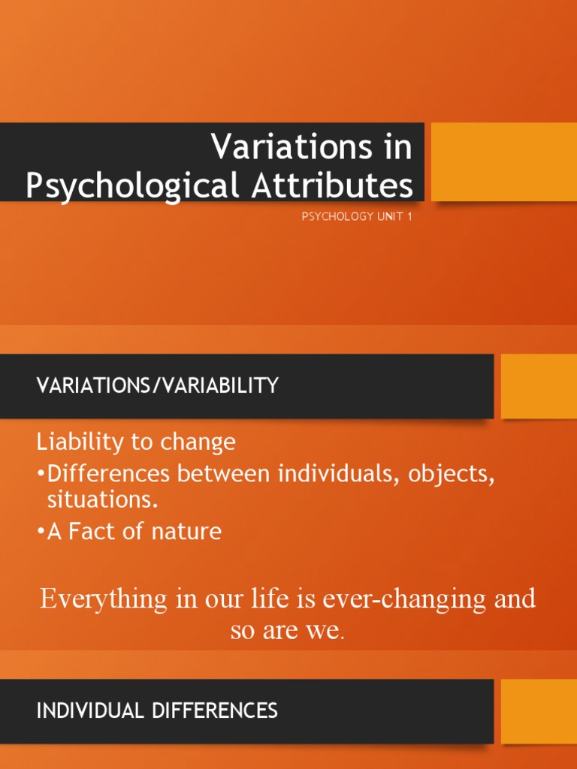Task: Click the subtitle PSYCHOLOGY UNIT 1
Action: coord(357,217)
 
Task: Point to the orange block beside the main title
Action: coord(503,161)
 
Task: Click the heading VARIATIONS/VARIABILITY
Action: coord(158,386)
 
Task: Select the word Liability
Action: coord(80,442)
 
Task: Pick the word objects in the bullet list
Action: coord(452,475)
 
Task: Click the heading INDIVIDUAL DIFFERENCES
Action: coord(158,710)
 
